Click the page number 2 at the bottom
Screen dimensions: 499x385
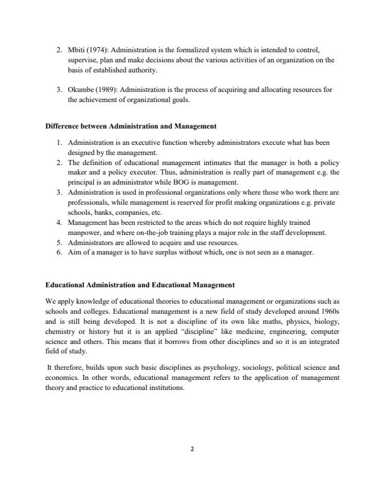point(192,449)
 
